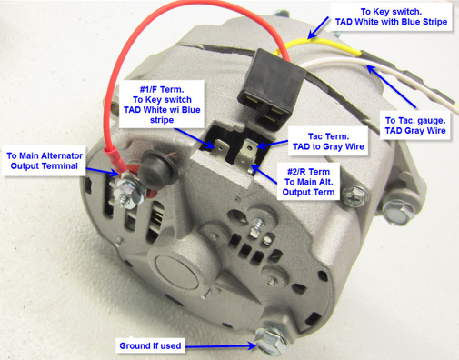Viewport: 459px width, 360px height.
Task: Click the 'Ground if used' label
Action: point(150,345)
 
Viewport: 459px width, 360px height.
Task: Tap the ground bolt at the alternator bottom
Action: point(271,341)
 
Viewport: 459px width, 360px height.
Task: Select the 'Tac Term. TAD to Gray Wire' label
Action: point(328,142)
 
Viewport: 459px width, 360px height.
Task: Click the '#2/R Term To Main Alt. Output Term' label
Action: point(308,182)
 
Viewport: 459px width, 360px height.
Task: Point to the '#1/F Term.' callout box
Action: point(162,105)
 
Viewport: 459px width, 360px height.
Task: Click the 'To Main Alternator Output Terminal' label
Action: point(45,161)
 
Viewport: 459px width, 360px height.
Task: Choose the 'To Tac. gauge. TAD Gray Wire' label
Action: point(415,125)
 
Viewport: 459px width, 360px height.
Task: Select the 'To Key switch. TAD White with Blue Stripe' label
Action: point(391,16)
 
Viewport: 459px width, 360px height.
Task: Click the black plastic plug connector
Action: point(271,89)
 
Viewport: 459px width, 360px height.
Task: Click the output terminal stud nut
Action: point(127,193)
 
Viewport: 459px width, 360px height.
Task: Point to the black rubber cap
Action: point(158,165)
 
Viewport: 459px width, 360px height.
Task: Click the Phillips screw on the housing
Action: point(355,196)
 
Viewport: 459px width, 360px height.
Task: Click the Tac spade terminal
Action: point(248,149)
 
